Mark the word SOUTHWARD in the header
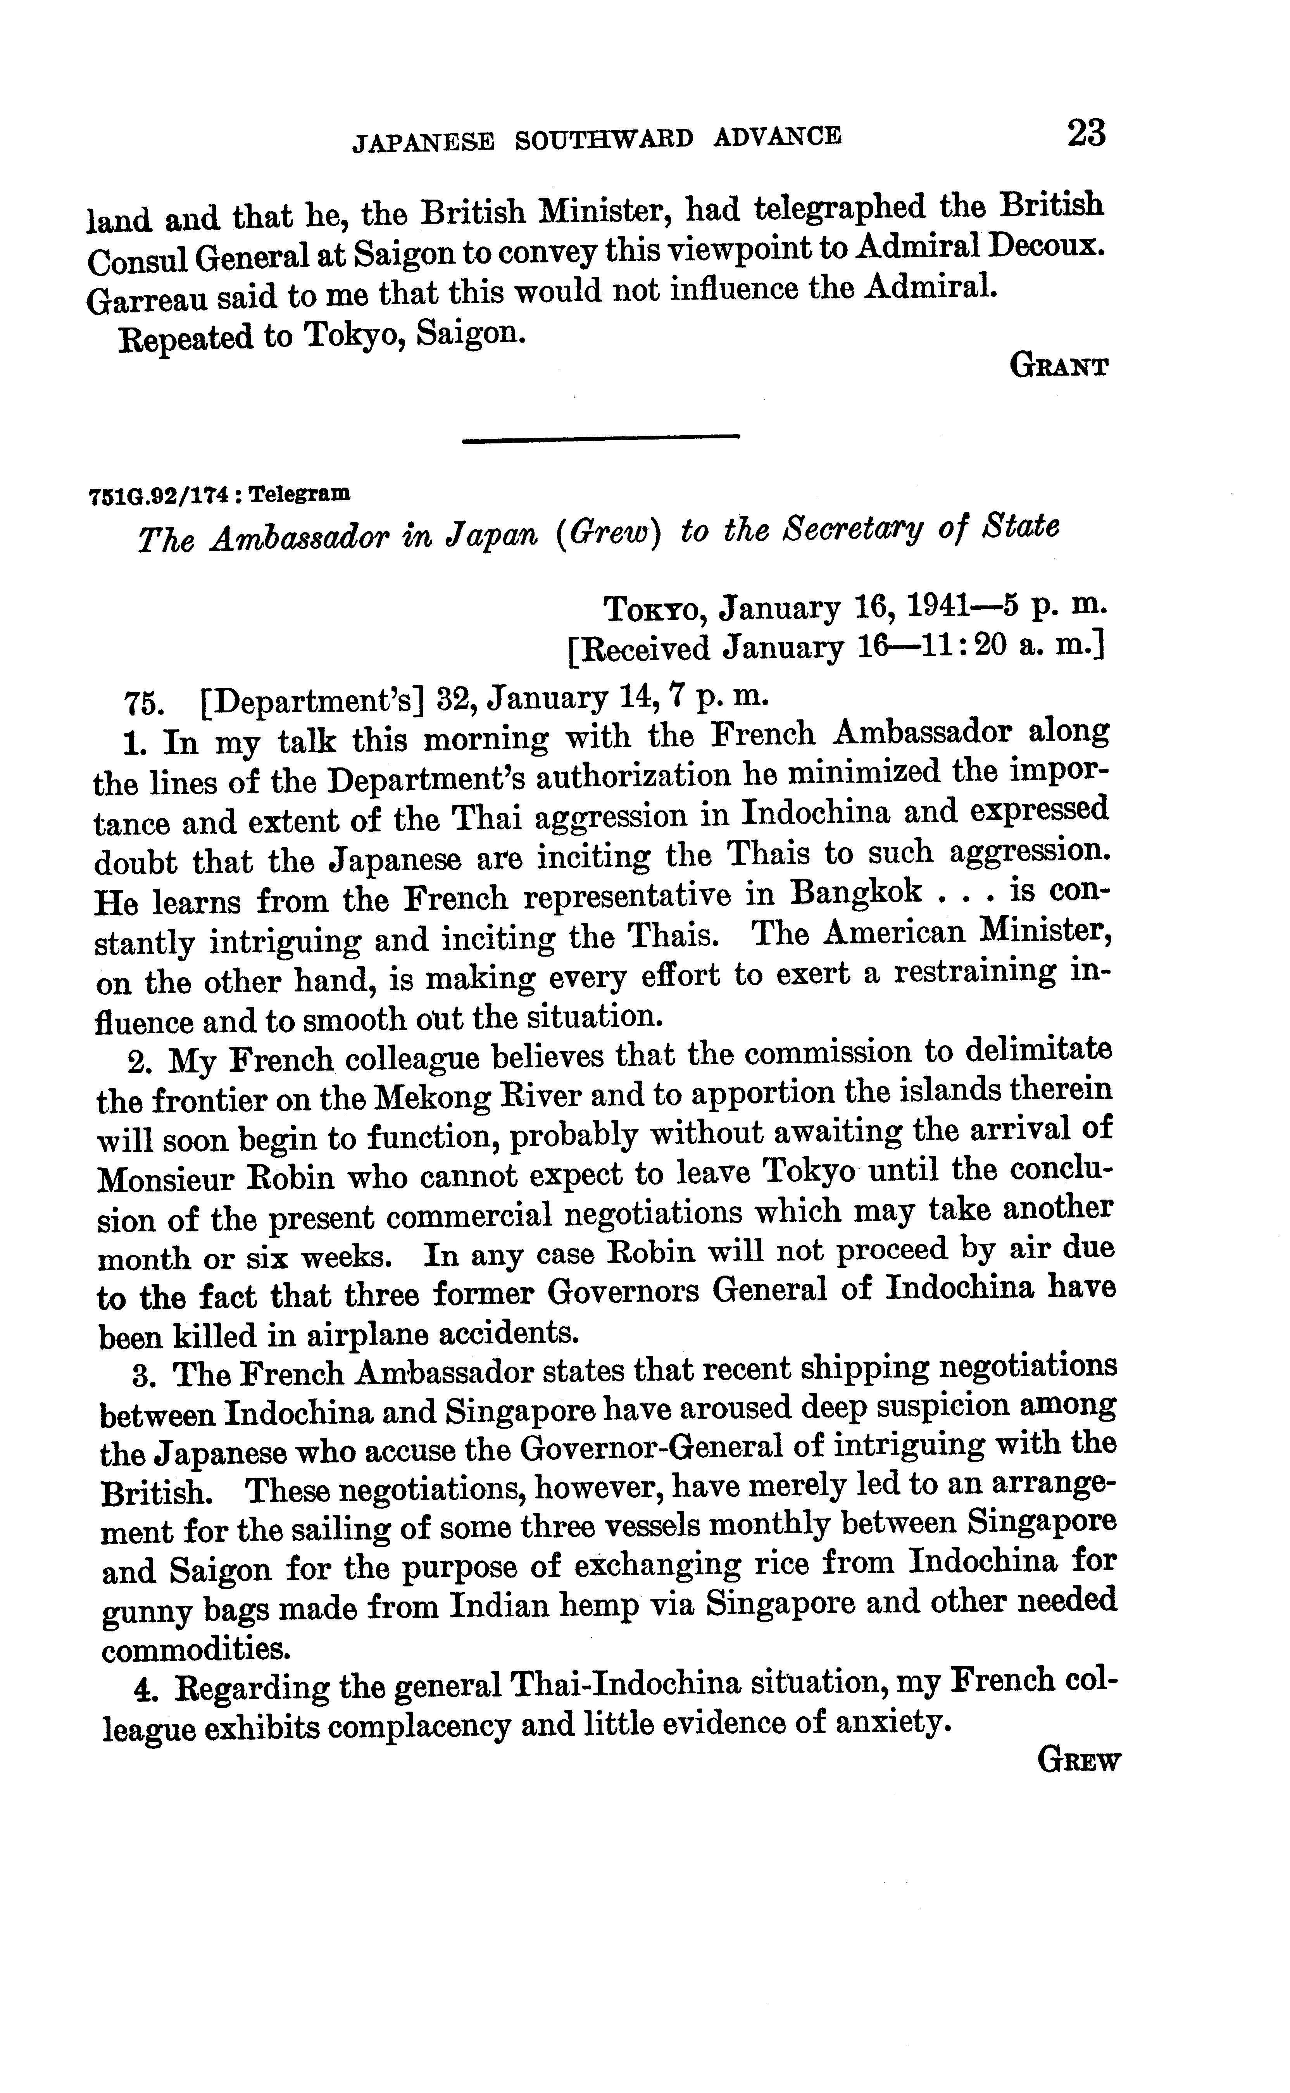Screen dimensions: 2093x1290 pyautogui.click(x=604, y=139)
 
